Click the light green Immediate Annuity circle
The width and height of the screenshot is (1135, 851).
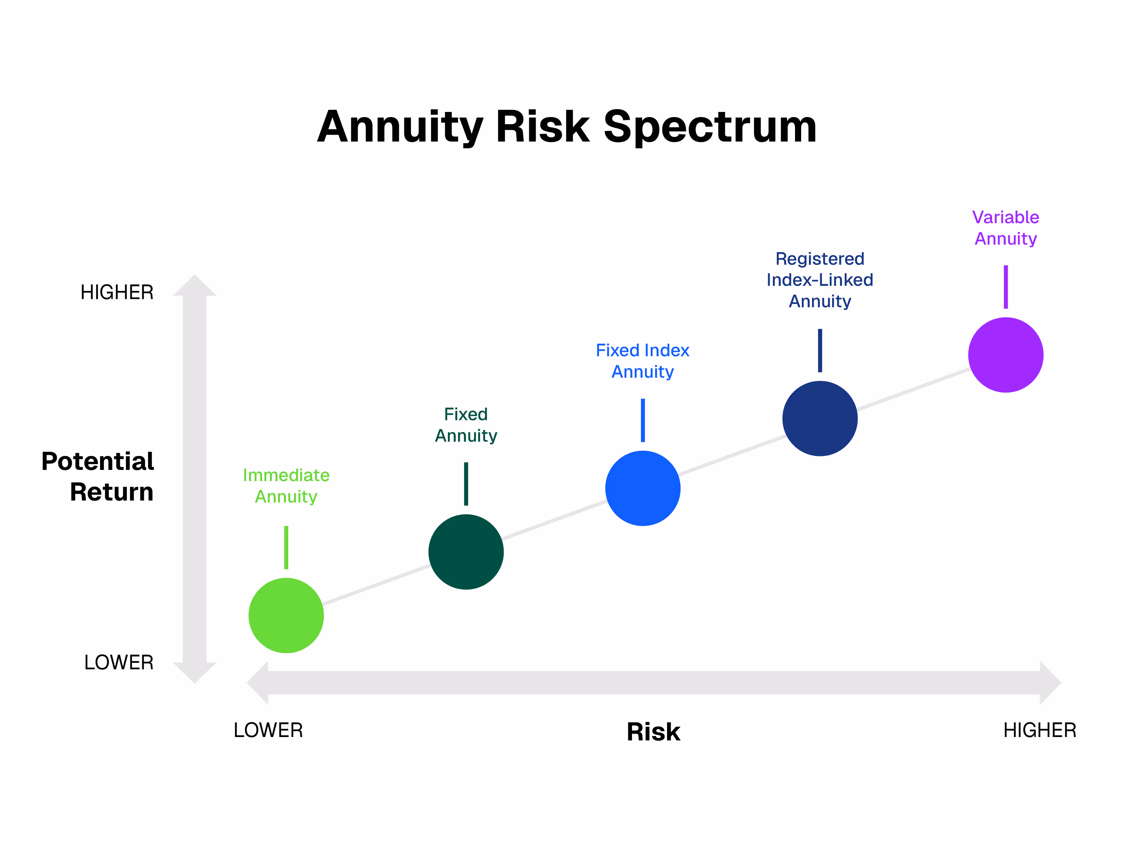point(286,615)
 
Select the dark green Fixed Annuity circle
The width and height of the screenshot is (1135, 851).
point(466,552)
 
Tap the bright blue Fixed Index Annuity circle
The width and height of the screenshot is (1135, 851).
point(643,488)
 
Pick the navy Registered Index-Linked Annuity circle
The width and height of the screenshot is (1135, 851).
point(820,418)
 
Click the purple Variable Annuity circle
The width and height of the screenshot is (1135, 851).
point(1005,355)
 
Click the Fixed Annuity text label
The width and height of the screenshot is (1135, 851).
point(466,424)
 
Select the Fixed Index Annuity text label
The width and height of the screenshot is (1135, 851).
point(643,361)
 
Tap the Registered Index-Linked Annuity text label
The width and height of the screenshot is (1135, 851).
point(820,280)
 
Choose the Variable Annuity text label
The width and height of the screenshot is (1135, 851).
point(1005,228)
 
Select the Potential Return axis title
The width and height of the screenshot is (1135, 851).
point(97,476)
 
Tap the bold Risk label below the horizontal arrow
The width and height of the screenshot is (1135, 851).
point(653,732)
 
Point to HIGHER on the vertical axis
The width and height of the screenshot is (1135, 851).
point(117,292)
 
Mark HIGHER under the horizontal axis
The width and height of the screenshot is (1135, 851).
point(1040,730)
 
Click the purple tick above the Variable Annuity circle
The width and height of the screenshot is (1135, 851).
point(1006,287)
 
